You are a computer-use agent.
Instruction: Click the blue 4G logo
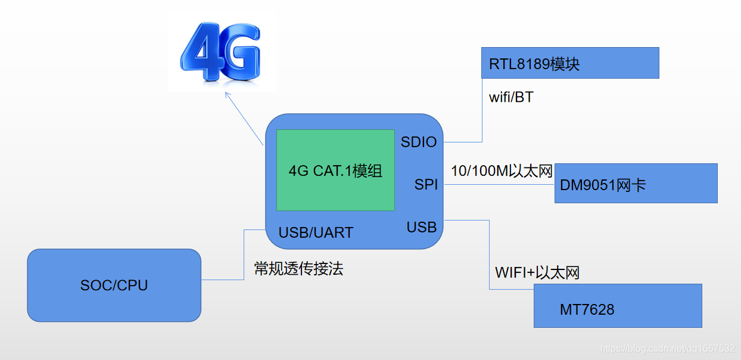(220, 54)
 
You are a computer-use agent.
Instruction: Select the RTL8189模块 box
(570, 63)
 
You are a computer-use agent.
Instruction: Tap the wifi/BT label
(510, 97)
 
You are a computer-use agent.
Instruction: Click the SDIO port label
(419, 142)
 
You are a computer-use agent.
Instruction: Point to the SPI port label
(426, 185)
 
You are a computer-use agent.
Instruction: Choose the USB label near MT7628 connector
(422, 227)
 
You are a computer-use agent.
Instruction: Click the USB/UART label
(316, 232)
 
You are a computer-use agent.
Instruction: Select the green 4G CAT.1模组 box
(335, 170)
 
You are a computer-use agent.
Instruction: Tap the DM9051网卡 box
(636, 184)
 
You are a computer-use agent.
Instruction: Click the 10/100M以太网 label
(502, 171)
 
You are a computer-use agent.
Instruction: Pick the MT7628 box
(618, 306)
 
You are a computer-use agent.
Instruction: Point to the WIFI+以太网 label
(537, 273)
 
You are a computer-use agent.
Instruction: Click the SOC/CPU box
(114, 285)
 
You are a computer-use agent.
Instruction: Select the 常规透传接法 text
(298, 269)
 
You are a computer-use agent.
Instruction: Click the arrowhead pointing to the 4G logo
(226, 94)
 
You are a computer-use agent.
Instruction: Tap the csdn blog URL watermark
(667, 349)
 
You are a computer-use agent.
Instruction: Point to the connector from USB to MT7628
(489, 256)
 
